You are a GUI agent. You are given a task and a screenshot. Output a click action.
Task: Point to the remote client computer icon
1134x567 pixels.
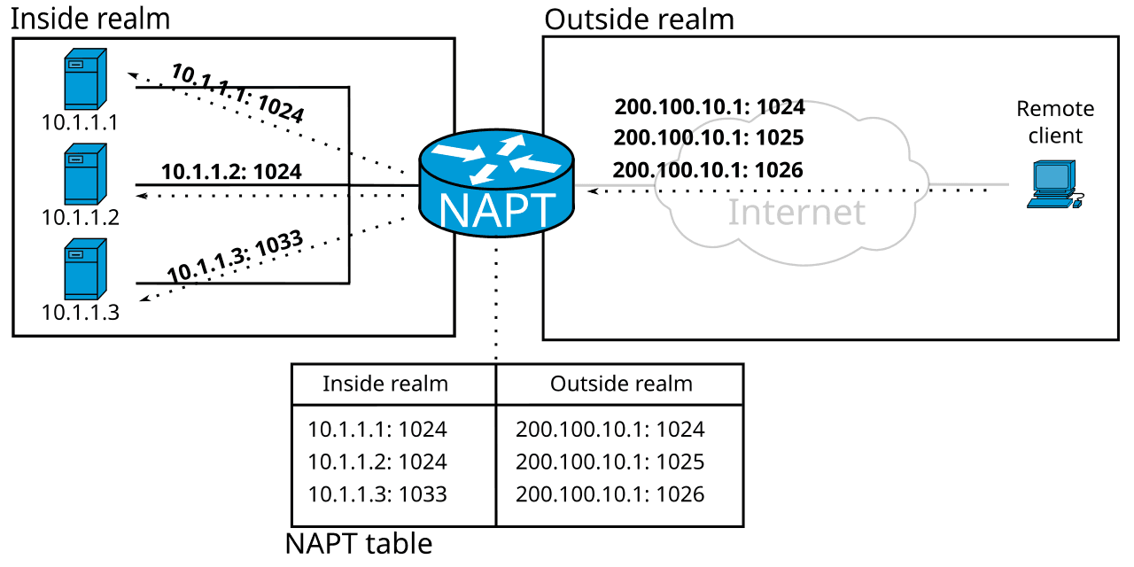[x=1052, y=184]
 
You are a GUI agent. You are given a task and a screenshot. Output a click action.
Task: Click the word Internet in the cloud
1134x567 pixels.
[x=796, y=213]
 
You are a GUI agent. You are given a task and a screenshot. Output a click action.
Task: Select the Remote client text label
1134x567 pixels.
[x=1054, y=122]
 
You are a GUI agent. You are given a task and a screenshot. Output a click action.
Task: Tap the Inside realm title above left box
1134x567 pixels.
[x=89, y=18]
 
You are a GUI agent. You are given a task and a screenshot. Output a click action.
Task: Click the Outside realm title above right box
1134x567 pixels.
[x=639, y=18]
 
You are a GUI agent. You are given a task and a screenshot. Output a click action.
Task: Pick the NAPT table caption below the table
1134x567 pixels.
[x=359, y=543]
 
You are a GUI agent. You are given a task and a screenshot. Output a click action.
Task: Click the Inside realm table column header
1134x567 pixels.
[x=385, y=384]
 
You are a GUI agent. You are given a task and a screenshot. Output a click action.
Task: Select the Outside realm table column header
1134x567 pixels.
[x=621, y=384]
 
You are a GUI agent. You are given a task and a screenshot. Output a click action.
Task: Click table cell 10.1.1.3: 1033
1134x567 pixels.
[x=377, y=494]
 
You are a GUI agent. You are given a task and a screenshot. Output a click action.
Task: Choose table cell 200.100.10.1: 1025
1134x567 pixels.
[x=610, y=462]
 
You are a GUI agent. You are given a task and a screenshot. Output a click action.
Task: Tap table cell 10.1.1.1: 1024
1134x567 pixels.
[x=377, y=430]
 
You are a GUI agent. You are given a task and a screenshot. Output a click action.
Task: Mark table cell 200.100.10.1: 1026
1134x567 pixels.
[x=610, y=494]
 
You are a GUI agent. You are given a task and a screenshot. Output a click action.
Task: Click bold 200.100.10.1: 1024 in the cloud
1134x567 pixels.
[x=710, y=107]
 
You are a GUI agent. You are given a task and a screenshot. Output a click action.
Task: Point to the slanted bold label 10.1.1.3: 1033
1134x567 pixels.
[x=236, y=257]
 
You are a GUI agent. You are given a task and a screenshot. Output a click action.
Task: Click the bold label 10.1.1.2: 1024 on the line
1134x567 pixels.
[x=231, y=172]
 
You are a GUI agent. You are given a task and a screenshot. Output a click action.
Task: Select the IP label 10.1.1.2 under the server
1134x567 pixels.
[x=80, y=217]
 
